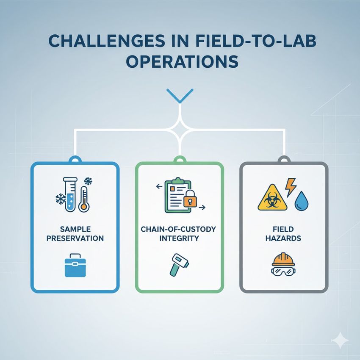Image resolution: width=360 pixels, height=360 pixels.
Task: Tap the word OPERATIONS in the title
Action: (180, 61)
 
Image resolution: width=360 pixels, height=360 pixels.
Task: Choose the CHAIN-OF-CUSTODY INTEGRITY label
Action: (179, 233)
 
